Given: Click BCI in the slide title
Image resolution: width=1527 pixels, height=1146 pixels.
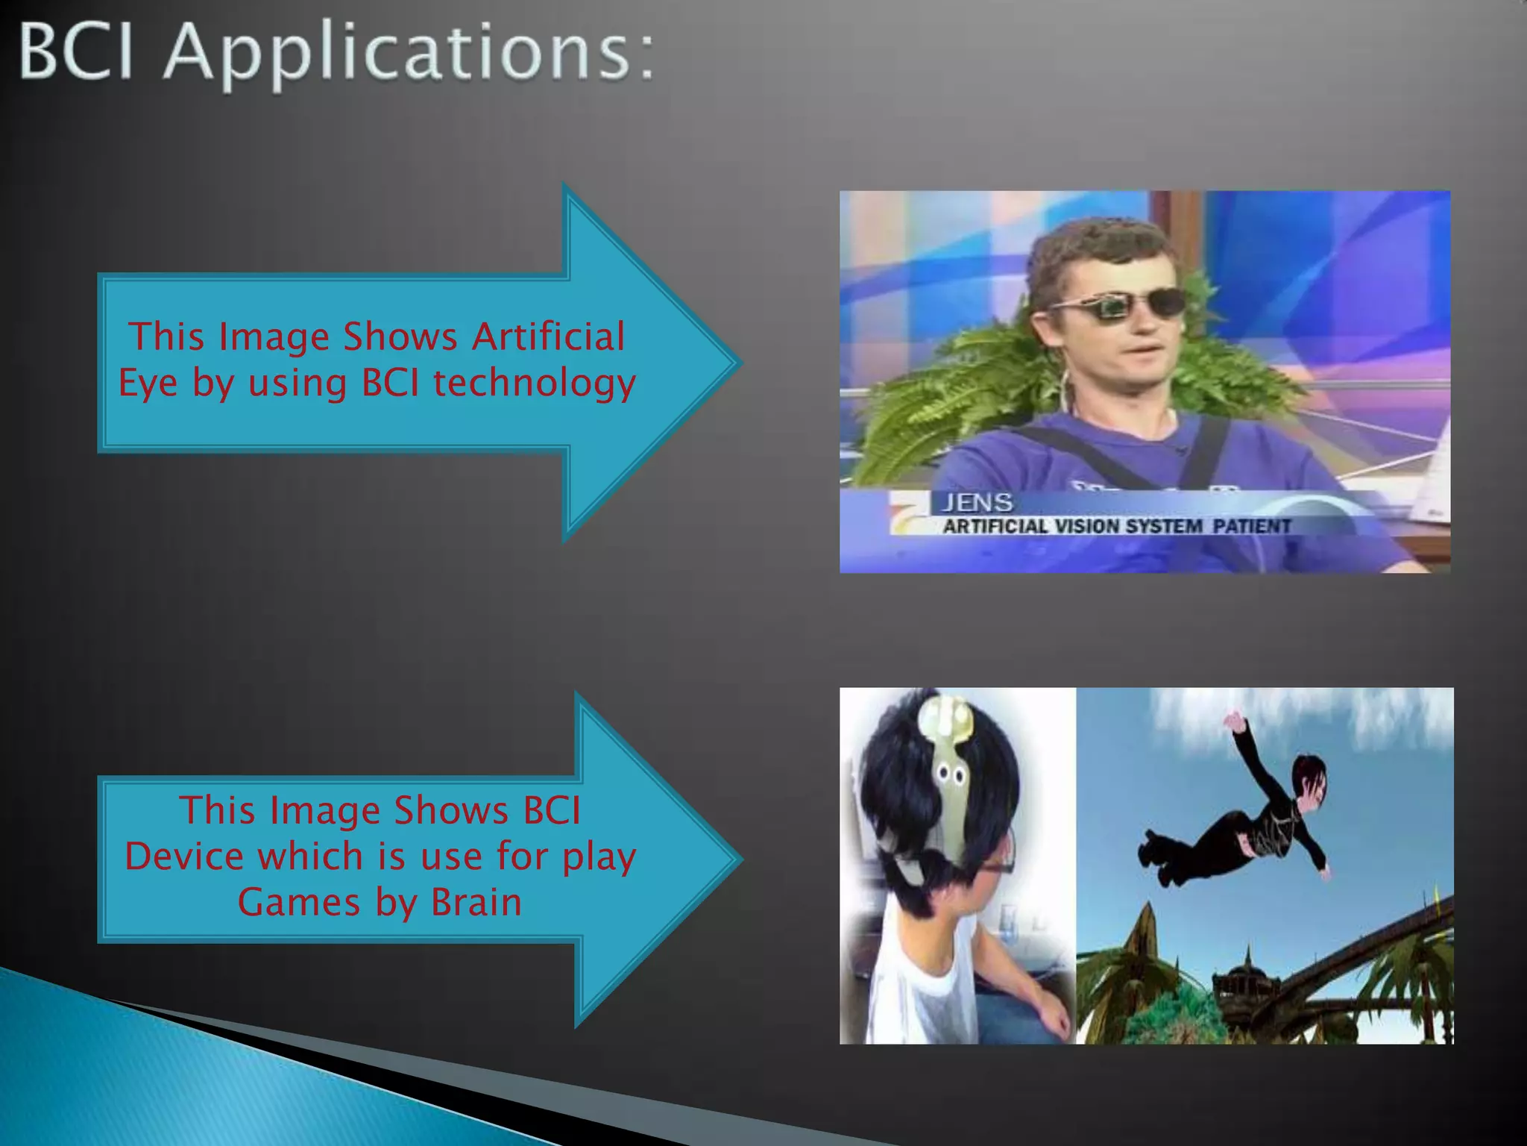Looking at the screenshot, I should pyautogui.click(x=76, y=52).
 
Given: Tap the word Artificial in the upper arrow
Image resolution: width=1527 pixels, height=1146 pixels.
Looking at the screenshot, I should pyautogui.click(x=549, y=336).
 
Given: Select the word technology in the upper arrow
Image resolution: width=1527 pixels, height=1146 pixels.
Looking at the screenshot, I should pyautogui.click(x=534, y=383).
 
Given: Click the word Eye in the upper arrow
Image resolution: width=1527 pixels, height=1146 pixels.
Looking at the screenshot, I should pyautogui.click(x=148, y=383).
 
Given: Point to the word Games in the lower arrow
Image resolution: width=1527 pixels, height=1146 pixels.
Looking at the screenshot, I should pyautogui.click(x=298, y=902).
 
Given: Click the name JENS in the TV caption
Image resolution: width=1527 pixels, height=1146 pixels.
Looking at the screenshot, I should pyautogui.click(x=977, y=503).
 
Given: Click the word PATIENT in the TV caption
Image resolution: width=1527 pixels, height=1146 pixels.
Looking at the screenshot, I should pyautogui.click(x=1251, y=526).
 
